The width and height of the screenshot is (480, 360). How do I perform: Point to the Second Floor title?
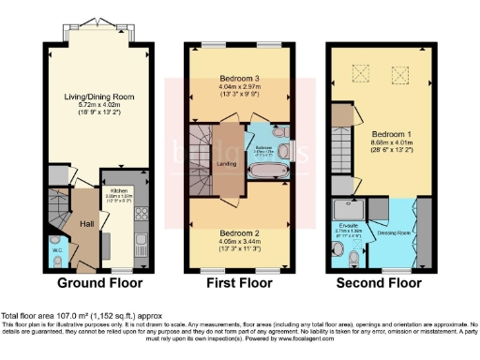(x=380, y=282)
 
